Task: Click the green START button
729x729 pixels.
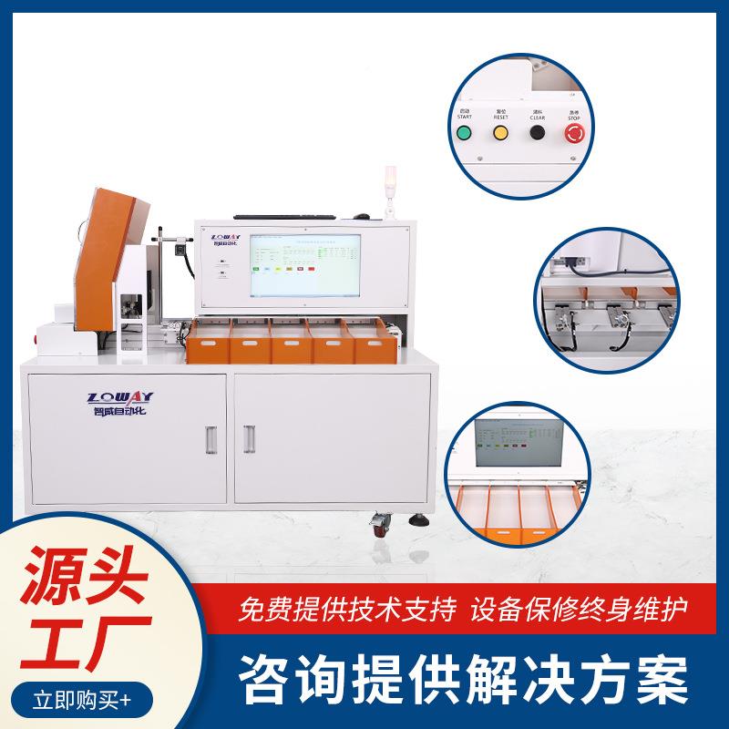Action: pos(464,133)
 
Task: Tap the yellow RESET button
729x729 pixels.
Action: pos(500,133)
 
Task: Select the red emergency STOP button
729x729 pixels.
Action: pos(574,134)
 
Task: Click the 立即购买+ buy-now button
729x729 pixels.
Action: pos(82,701)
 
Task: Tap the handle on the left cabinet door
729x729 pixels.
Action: pos(212,440)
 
